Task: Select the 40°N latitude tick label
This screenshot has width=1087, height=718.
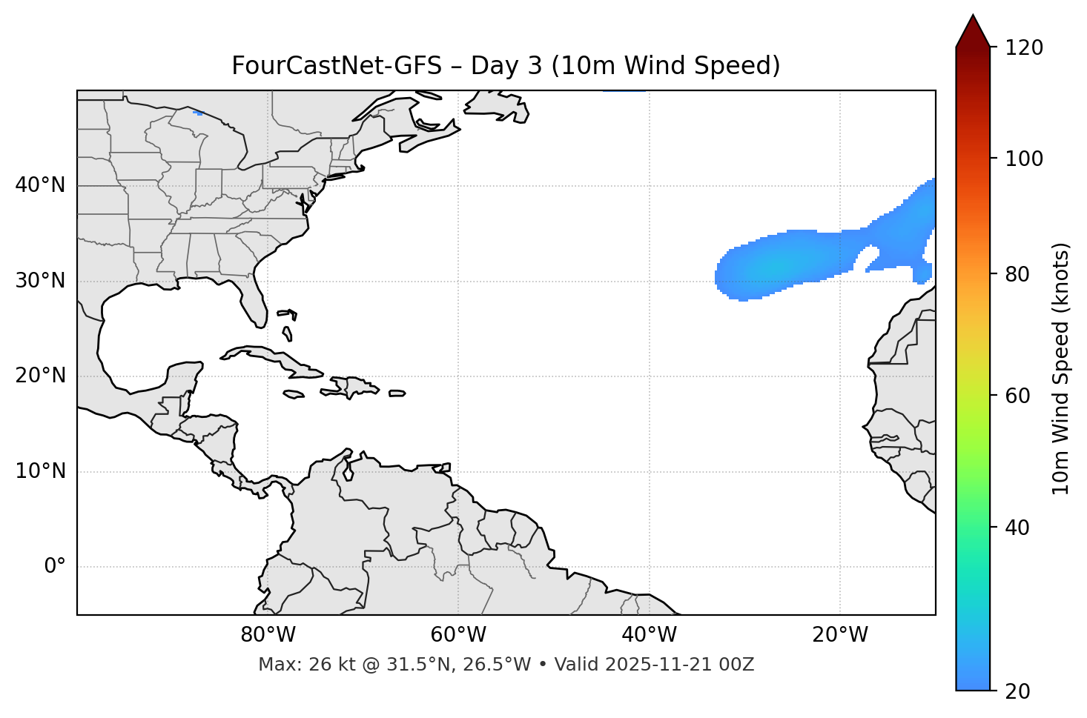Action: [x=40, y=185]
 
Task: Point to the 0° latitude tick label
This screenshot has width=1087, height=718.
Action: [x=54, y=567]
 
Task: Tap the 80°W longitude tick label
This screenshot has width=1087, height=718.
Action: [x=268, y=635]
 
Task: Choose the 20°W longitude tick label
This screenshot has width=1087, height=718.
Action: [x=840, y=635]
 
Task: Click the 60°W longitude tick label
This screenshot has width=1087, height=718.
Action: [x=458, y=635]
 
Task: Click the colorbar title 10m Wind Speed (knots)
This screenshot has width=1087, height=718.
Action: [x=1061, y=368]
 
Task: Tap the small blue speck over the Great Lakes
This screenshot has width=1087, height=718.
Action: [x=198, y=113]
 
